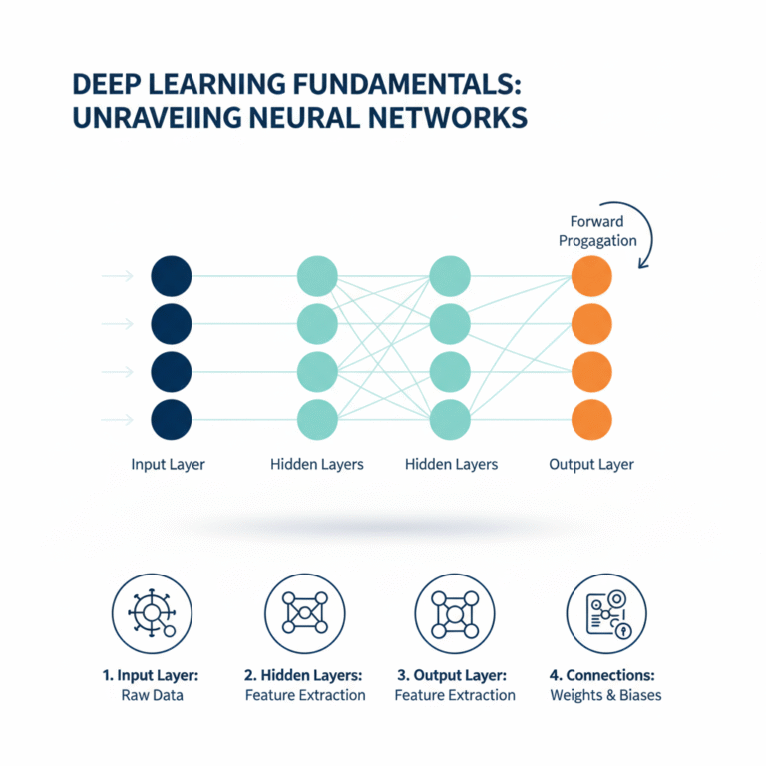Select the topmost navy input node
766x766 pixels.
[171, 274]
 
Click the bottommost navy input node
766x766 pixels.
[171, 419]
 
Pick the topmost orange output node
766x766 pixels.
[590, 274]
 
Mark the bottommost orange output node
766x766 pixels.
[590, 419]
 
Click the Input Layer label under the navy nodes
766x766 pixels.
[168, 465]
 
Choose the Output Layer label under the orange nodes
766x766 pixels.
[591, 465]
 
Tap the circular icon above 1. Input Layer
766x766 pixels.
[152, 613]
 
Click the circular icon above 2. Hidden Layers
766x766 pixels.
[304, 613]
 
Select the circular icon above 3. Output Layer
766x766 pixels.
[454, 613]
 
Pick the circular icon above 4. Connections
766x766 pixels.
[605, 613]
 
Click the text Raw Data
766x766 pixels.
[152, 695]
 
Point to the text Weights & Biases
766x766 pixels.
[605, 695]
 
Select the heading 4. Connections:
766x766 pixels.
[605, 674]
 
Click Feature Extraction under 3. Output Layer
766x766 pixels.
[455, 695]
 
